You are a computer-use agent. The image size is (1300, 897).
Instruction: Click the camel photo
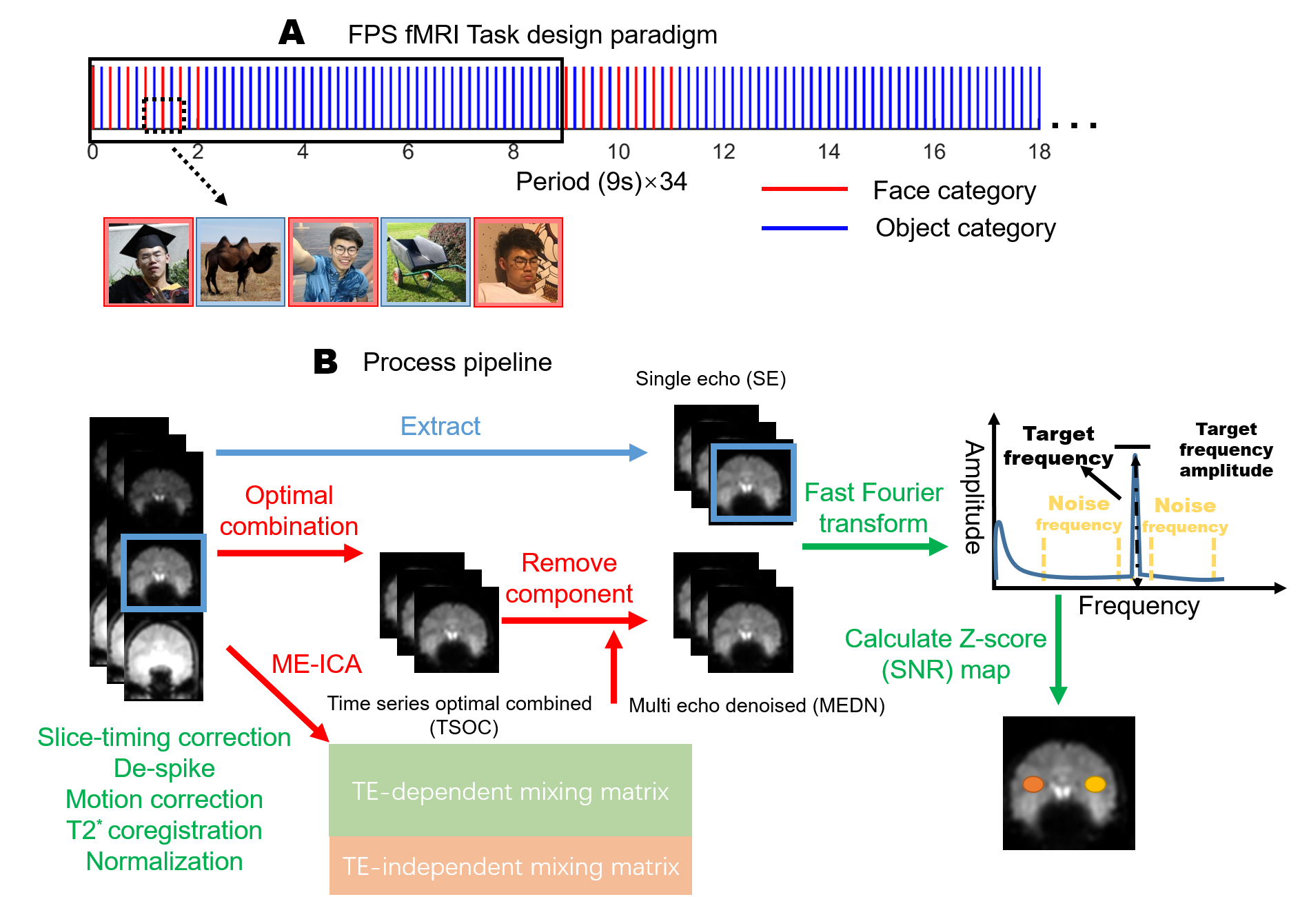click(241, 262)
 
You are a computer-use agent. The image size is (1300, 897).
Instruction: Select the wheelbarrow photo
click(425, 262)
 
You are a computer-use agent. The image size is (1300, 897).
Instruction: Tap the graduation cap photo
click(148, 262)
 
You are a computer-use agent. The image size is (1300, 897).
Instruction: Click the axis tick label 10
click(618, 152)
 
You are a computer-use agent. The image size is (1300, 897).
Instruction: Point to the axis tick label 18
click(1039, 152)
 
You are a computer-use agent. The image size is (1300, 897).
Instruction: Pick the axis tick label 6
click(408, 152)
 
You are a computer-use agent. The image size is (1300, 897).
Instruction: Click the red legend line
click(804, 188)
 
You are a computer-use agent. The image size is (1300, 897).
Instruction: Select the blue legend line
click(804, 228)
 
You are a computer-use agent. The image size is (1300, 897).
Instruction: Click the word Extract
click(440, 426)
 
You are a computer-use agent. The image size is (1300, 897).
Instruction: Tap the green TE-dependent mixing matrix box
click(510, 790)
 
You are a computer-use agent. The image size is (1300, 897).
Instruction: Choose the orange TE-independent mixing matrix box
click(510, 866)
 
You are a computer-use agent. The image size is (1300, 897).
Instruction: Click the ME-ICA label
click(316, 664)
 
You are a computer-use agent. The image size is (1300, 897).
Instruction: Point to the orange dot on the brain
click(1033, 784)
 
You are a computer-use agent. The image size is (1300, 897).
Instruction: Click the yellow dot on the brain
click(1095, 784)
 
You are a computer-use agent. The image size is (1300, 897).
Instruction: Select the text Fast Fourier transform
click(873, 508)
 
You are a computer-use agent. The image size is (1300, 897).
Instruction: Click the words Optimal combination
click(289, 511)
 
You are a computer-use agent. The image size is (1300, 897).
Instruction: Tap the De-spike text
click(164, 768)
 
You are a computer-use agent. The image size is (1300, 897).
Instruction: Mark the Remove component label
click(569, 578)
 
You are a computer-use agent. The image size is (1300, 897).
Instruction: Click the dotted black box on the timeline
click(163, 114)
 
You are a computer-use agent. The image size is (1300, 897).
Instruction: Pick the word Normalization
click(164, 861)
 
